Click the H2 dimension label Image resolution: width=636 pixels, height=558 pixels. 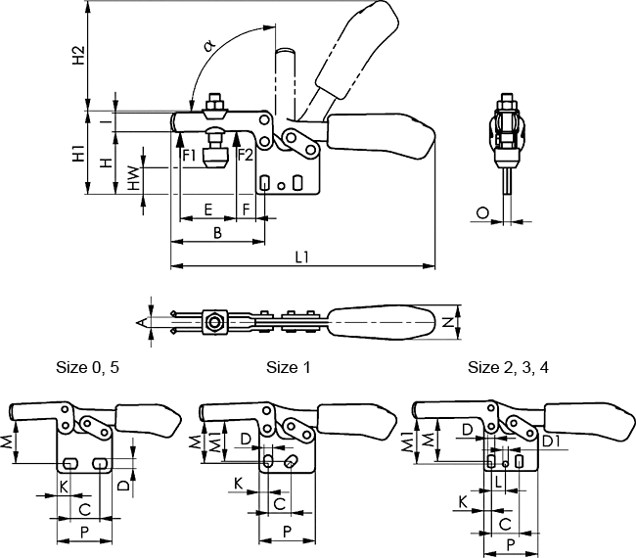tap(78, 55)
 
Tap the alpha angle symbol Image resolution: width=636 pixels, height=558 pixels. tap(209, 45)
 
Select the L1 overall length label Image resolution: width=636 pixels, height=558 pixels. tap(302, 256)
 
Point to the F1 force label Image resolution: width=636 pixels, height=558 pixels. tap(189, 155)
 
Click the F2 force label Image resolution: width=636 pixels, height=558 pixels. tap(246, 155)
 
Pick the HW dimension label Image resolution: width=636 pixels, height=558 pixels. tap(133, 178)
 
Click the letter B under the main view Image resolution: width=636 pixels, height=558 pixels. tap(218, 233)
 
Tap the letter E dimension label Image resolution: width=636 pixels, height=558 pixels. tap(207, 209)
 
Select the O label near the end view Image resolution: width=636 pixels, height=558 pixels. tap(482, 212)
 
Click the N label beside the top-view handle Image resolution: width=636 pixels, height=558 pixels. tap(448, 323)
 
